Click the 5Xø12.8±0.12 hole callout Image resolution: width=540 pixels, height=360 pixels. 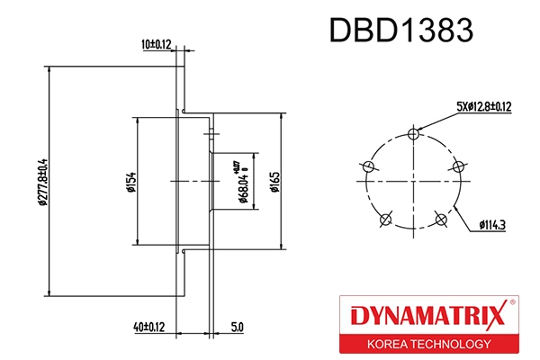(483, 106)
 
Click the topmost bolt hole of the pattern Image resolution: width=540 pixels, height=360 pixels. (413, 134)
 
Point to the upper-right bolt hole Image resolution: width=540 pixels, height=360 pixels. (458, 166)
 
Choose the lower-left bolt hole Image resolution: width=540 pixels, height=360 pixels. (385, 219)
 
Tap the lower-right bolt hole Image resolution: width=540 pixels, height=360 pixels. (440, 219)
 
